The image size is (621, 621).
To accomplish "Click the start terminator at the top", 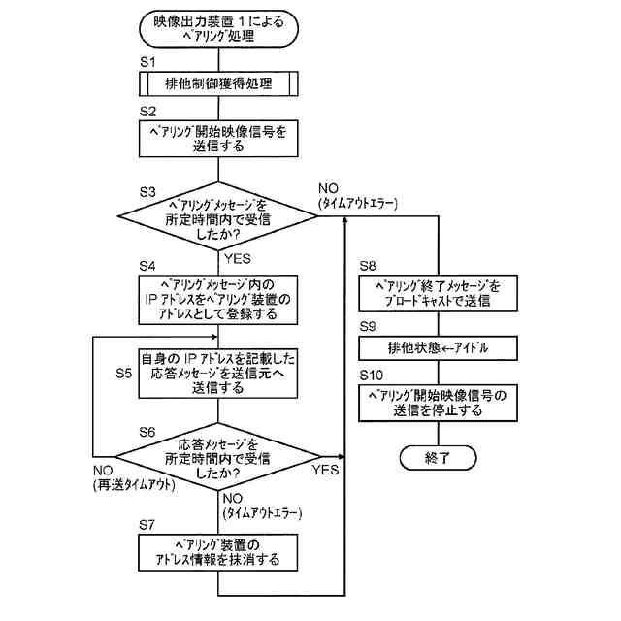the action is (x=218, y=29).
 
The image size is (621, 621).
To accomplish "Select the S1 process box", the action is (x=218, y=83).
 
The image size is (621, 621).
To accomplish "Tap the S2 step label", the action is (x=147, y=112).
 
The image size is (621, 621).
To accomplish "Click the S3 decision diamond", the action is (x=217, y=216).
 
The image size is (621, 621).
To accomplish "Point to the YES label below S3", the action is (x=237, y=259).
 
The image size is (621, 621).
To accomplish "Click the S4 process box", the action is (x=217, y=300).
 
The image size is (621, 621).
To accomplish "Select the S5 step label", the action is (x=124, y=373).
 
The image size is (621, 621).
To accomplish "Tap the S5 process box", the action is (x=217, y=373).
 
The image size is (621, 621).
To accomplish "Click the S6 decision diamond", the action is (x=217, y=457).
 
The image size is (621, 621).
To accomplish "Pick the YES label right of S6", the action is (x=325, y=470).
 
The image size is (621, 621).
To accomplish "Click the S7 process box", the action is (x=217, y=552).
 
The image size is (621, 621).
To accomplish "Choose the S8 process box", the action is (x=438, y=293).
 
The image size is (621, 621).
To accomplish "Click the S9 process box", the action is (x=438, y=348).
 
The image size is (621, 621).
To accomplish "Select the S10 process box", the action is (x=438, y=403).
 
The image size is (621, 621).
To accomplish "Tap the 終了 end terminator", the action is (x=438, y=458).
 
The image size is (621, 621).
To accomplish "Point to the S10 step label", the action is (x=371, y=376).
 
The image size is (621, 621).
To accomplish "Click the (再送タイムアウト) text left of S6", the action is (x=134, y=485).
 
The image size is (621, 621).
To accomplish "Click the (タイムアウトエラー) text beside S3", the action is (x=358, y=203).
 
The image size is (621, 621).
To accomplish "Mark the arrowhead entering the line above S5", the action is (x=215, y=337).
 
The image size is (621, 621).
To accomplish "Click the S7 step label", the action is (x=147, y=525).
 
